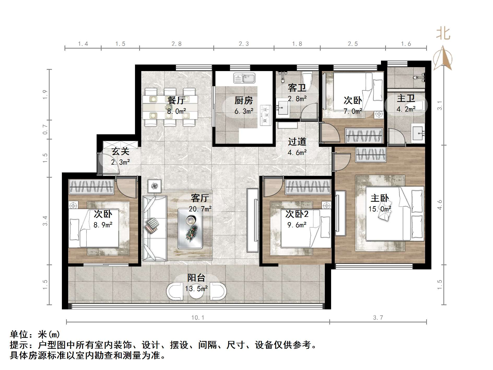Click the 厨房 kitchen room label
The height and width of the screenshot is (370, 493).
(244, 100)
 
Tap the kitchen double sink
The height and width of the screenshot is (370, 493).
(244, 78)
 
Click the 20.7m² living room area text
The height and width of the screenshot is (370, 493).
(200, 209)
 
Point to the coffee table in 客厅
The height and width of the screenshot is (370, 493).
(190, 228)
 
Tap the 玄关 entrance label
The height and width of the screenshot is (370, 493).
(121, 151)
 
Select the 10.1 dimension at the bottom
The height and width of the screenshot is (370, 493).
(198, 317)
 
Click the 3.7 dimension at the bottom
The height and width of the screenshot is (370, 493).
(378, 317)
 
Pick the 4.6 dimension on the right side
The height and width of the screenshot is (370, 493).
(440, 205)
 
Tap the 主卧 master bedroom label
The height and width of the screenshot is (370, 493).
(380, 198)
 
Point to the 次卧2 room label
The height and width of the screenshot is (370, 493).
(297, 214)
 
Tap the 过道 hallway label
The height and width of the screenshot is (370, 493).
(297, 142)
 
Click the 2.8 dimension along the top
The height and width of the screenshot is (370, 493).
(177, 44)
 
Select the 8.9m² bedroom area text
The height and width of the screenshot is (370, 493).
(103, 225)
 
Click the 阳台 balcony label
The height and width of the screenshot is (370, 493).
(196, 278)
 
